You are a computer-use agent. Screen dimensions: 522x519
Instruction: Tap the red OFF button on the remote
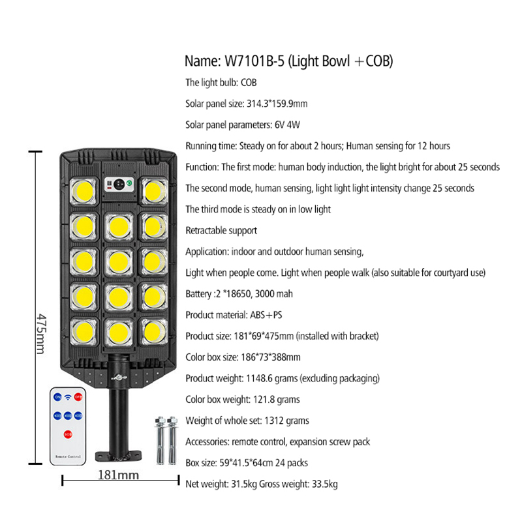click(x=78, y=396)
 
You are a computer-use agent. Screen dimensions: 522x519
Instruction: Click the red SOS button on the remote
click(x=68, y=434)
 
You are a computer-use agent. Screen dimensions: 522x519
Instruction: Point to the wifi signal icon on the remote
click(x=68, y=397)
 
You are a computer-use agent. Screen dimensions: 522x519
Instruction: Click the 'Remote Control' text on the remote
click(x=68, y=456)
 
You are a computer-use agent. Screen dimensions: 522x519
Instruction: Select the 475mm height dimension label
click(x=41, y=334)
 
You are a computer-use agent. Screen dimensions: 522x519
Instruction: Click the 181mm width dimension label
click(x=118, y=475)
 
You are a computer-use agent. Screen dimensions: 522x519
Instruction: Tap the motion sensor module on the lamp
click(x=119, y=184)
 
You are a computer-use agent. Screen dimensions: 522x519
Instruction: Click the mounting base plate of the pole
click(x=118, y=456)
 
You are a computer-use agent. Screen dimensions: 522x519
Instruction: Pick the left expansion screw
click(x=161, y=440)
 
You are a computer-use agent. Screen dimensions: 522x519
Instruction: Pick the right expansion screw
click(x=172, y=440)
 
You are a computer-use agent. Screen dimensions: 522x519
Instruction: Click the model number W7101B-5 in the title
click(x=254, y=61)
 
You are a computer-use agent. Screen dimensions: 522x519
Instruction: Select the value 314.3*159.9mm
click(x=277, y=104)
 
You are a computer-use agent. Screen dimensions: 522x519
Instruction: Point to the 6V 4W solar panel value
click(x=287, y=125)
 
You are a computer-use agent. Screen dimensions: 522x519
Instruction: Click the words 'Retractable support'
click(x=221, y=230)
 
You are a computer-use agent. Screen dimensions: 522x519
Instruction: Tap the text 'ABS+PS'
click(x=266, y=315)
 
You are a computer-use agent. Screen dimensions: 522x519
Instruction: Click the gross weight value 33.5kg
click(x=324, y=484)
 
